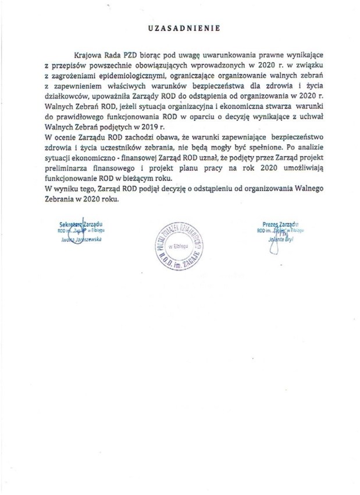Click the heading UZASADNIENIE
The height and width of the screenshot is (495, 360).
click(180, 28)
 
